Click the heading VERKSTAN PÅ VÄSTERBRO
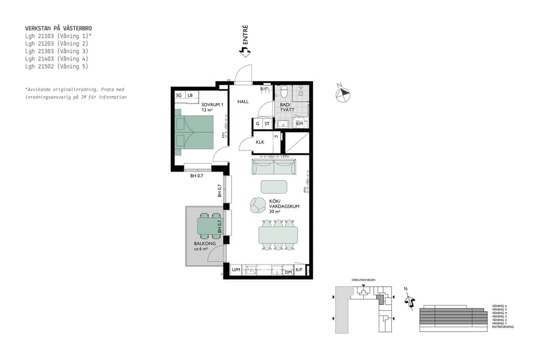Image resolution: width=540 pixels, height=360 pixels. point(58,28)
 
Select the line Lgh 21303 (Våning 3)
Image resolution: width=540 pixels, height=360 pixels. point(56,51)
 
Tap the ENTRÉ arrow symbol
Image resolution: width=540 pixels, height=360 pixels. point(244,52)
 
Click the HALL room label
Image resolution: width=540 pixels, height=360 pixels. point(242,101)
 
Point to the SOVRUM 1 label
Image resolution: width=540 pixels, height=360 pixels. point(212,105)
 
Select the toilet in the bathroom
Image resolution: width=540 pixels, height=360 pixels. point(284,92)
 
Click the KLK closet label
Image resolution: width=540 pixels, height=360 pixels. point(260,142)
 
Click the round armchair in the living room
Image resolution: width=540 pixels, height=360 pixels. point(258,205)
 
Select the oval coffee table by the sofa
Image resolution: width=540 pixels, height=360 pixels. point(274,186)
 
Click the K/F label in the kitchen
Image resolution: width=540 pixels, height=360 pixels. point(299,271)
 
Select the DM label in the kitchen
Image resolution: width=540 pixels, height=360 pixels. point(288,272)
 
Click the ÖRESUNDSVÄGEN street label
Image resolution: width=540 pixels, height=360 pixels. point(364,280)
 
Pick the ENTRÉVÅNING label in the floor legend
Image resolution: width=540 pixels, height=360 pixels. point(503,327)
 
